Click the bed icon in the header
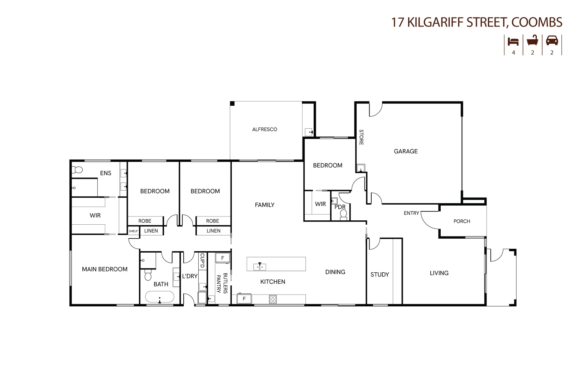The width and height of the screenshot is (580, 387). [x=513, y=41]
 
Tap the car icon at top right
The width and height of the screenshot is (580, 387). [x=552, y=40]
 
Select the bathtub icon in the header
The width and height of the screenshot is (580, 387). [x=532, y=40]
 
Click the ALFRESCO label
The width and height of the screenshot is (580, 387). [x=265, y=129]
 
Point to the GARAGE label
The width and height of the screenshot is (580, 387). [x=406, y=151]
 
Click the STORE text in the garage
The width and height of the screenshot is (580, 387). [x=361, y=137]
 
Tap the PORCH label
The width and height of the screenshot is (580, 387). [x=461, y=221]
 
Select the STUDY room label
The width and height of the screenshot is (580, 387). [x=380, y=274]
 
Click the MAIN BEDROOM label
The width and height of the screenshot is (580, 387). [x=105, y=269]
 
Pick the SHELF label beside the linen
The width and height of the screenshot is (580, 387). [x=133, y=231]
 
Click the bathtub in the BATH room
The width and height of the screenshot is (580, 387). [x=160, y=297]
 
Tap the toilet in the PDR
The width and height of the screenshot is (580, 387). [x=343, y=214]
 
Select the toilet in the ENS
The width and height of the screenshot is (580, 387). [x=77, y=169]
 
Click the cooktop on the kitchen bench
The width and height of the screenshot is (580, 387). [x=272, y=299]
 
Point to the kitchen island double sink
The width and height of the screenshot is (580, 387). [x=260, y=267]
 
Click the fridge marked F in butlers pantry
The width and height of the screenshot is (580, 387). [x=222, y=258]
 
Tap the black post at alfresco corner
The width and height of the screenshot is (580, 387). [x=232, y=104]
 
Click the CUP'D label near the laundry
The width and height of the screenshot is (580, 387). [x=202, y=261]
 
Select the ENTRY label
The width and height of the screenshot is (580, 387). [x=411, y=213]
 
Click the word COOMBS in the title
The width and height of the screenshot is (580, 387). [x=537, y=22]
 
